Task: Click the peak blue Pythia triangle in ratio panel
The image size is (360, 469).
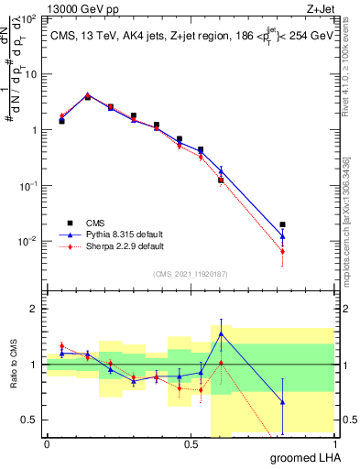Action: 221,333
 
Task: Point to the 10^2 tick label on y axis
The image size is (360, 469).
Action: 29,18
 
